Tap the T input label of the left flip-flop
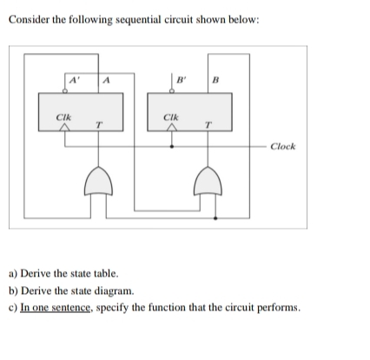[x=99, y=126]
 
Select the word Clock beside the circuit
[x=282, y=146]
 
